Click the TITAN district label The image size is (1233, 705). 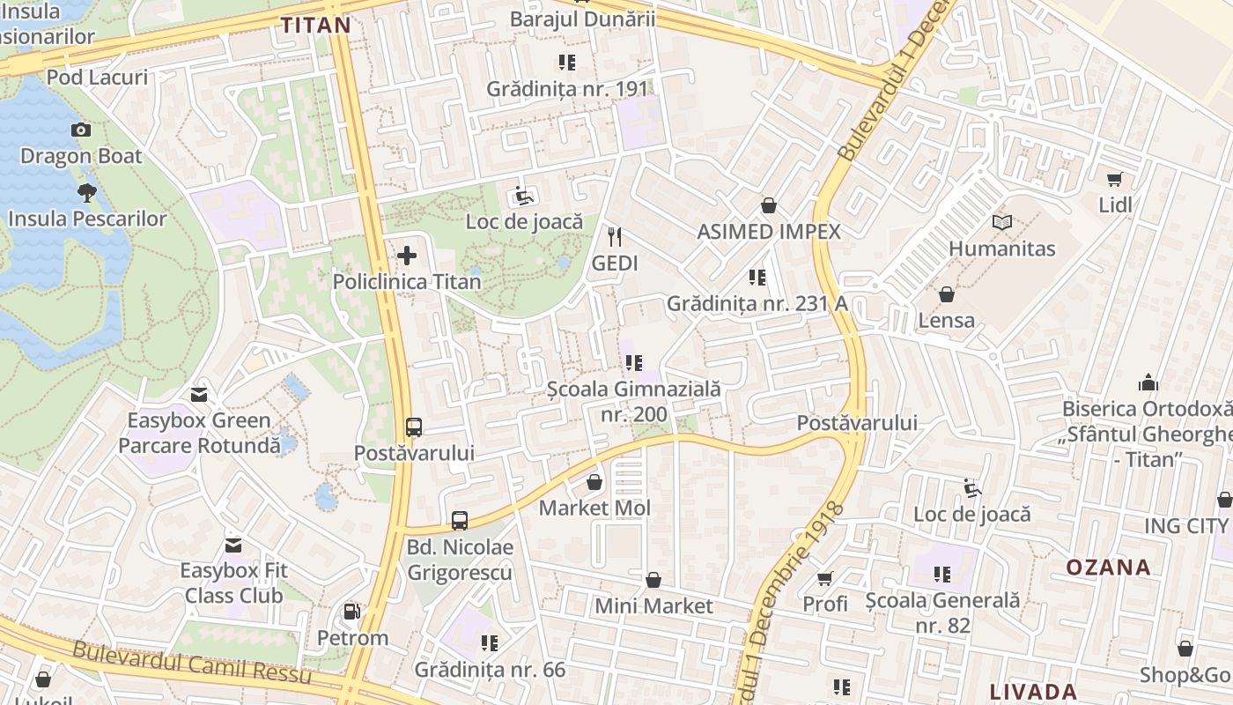tap(315, 25)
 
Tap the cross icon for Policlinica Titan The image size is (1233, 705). tap(407, 256)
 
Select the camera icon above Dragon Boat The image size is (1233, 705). tap(81, 130)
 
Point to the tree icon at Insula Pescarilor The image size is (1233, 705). tap(86, 192)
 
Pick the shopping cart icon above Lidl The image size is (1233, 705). tap(1114, 180)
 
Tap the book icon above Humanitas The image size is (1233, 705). tap(1001, 223)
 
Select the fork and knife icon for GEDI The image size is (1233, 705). tap(615, 237)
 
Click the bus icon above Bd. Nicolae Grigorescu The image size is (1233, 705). tap(459, 521)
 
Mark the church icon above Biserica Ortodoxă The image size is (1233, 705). tap(1148, 383)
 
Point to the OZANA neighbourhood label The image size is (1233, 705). tap(1108, 567)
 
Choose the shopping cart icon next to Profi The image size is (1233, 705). tap(824, 579)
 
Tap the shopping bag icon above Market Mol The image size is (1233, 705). tap(594, 483)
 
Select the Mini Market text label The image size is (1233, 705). tap(653, 606)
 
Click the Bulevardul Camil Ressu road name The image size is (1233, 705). tap(192, 663)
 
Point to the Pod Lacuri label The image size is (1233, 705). tap(97, 78)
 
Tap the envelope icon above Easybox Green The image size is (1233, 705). tap(199, 395)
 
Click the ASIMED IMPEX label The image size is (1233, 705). tap(769, 232)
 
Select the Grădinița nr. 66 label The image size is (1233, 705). tap(490, 670)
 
